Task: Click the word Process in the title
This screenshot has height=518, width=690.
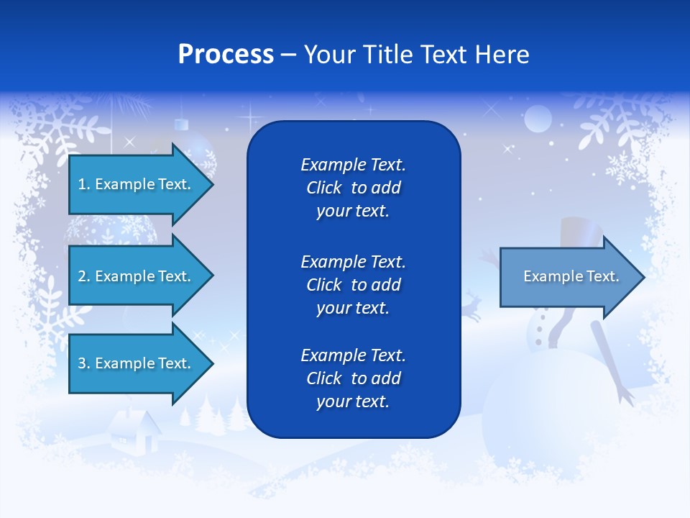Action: tap(226, 55)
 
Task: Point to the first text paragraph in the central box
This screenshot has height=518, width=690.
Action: tap(353, 188)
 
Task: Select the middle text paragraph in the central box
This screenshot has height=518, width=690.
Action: tap(353, 284)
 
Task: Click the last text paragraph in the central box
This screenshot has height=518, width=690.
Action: tap(353, 378)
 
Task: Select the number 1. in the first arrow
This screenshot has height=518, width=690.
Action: tap(83, 184)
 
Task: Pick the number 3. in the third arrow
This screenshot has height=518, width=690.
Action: tap(84, 363)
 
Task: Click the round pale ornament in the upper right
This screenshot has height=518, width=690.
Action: tap(538, 119)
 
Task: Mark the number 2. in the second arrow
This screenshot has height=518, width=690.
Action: tap(84, 276)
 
